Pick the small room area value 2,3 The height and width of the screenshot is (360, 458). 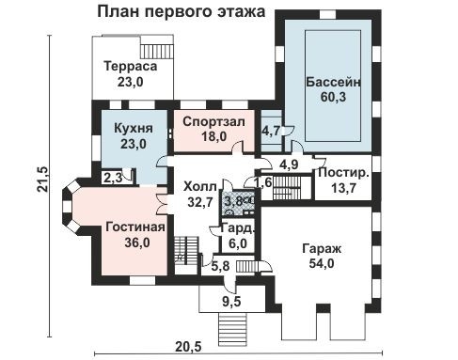112,176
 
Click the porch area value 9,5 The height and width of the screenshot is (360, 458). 231,303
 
